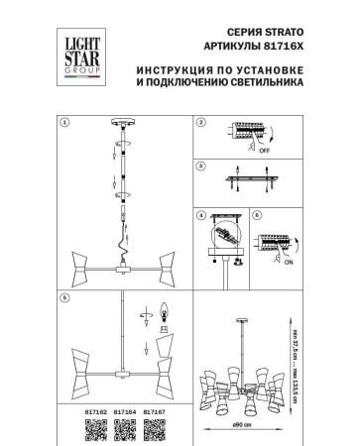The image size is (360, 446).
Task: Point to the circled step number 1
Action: pos(64,123)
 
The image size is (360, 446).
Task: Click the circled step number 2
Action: pos(199,123)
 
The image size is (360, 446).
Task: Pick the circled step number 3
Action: pos(199,167)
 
